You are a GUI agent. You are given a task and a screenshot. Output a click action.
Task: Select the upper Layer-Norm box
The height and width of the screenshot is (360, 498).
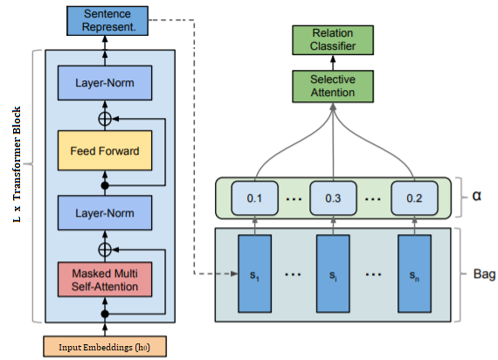[106, 85]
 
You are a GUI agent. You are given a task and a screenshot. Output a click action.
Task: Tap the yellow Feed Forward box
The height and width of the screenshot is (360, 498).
[106, 149]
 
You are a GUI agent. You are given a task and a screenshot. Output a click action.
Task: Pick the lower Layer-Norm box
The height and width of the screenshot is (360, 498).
[106, 212]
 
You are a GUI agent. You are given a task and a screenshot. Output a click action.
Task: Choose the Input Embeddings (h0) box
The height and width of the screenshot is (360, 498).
[106, 346]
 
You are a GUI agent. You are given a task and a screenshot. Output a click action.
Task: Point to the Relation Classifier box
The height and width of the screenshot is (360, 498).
[333, 39]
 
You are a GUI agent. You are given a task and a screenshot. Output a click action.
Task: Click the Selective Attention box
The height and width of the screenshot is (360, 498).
[333, 86]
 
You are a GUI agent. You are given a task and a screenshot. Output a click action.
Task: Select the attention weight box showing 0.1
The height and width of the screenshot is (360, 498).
[254, 198]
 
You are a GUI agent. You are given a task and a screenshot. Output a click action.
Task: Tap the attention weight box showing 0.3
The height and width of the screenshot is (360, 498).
[333, 198]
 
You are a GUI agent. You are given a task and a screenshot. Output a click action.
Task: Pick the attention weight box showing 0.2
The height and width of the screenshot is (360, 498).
[412, 198]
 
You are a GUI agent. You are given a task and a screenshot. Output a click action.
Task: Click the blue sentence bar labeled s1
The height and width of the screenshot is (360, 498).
[254, 274]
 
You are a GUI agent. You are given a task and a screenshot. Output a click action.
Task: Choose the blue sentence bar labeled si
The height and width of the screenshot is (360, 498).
[333, 274]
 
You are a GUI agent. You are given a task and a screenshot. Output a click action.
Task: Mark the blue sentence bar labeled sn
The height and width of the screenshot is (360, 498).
[412, 274]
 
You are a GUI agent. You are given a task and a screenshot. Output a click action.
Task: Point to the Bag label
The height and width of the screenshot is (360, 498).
[481, 274]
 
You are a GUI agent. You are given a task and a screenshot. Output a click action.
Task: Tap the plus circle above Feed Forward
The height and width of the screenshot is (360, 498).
[106, 115]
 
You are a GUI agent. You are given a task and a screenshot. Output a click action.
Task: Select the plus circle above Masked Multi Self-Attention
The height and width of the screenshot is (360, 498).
[106, 248]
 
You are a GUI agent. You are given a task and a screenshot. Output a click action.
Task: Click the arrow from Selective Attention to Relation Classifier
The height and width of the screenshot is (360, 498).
[333, 61]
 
